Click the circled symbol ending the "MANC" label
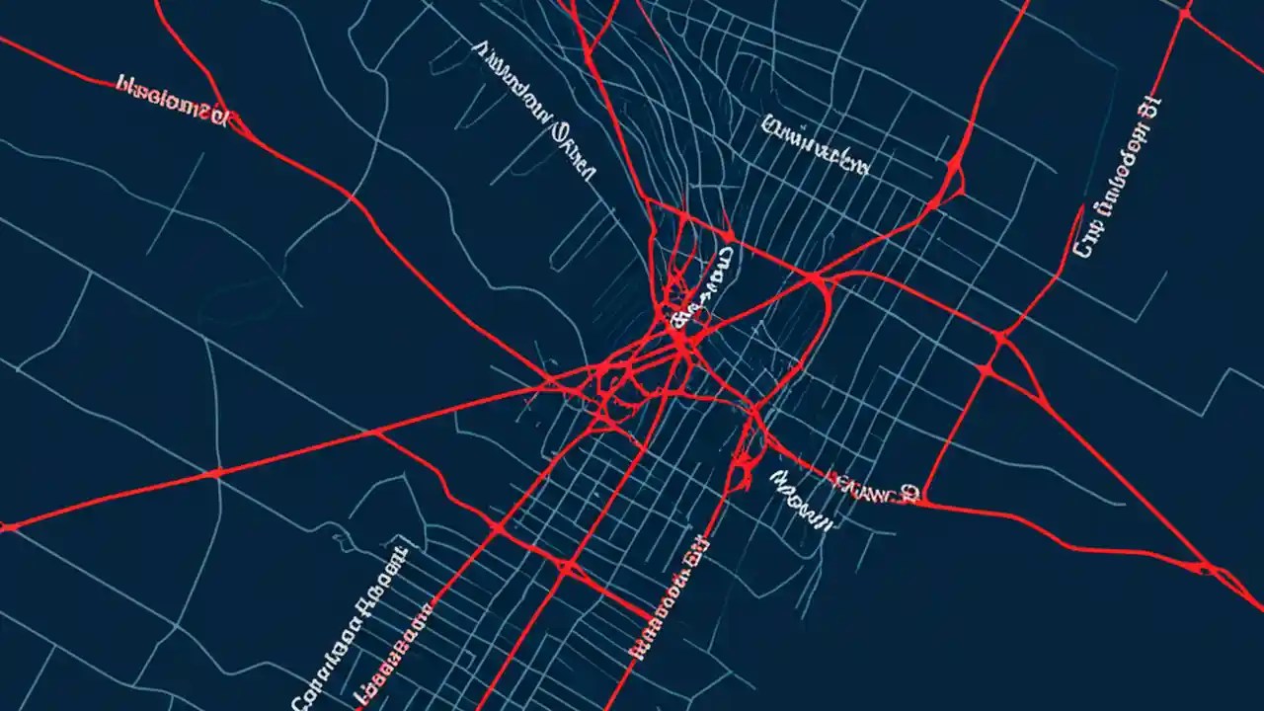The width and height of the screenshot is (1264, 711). [x=908, y=492]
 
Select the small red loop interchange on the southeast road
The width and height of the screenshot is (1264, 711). [x=1207, y=567]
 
